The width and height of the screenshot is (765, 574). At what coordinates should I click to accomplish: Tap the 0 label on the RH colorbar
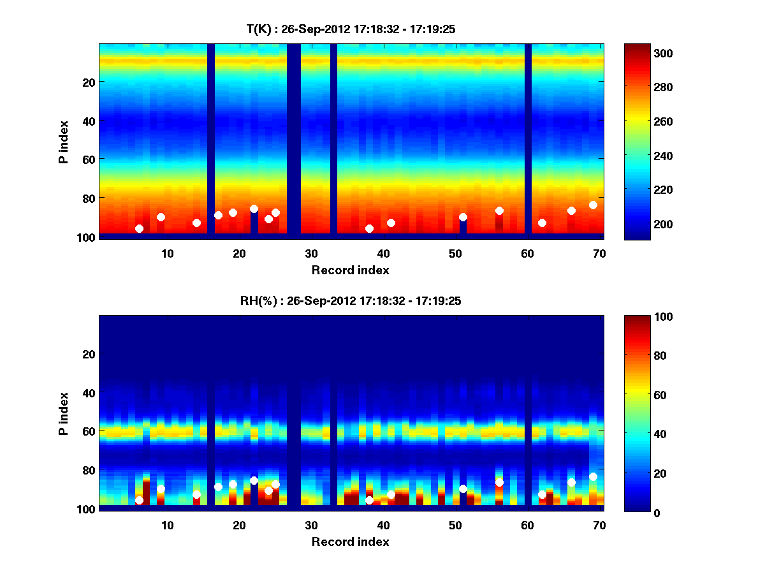[636, 511]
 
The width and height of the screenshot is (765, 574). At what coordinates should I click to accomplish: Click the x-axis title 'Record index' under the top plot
[351, 270]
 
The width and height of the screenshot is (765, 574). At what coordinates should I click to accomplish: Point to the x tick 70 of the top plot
[599, 253]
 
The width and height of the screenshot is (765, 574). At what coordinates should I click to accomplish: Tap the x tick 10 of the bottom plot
[167, 525]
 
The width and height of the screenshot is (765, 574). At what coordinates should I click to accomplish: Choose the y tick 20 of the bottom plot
[89, 354]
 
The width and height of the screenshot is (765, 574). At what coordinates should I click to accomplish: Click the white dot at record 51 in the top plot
[463, 217]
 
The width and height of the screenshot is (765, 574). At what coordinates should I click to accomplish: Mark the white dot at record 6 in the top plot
[139, 228]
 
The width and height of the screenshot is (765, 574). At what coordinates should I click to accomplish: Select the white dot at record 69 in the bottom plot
[593, 476]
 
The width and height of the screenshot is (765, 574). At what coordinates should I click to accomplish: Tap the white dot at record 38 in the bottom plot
[369, 500]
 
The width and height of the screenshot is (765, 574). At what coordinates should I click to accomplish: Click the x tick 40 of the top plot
[383, 253]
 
